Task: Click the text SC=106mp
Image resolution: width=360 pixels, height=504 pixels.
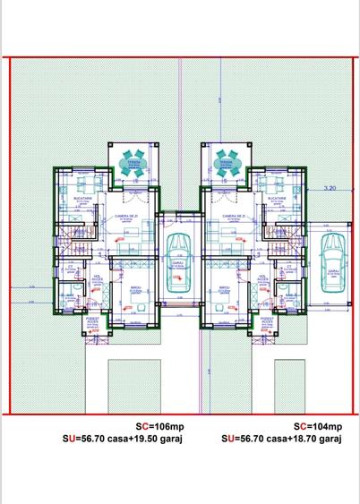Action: (x=144, y=427)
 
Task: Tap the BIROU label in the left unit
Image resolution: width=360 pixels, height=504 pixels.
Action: (x=134, y=288)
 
